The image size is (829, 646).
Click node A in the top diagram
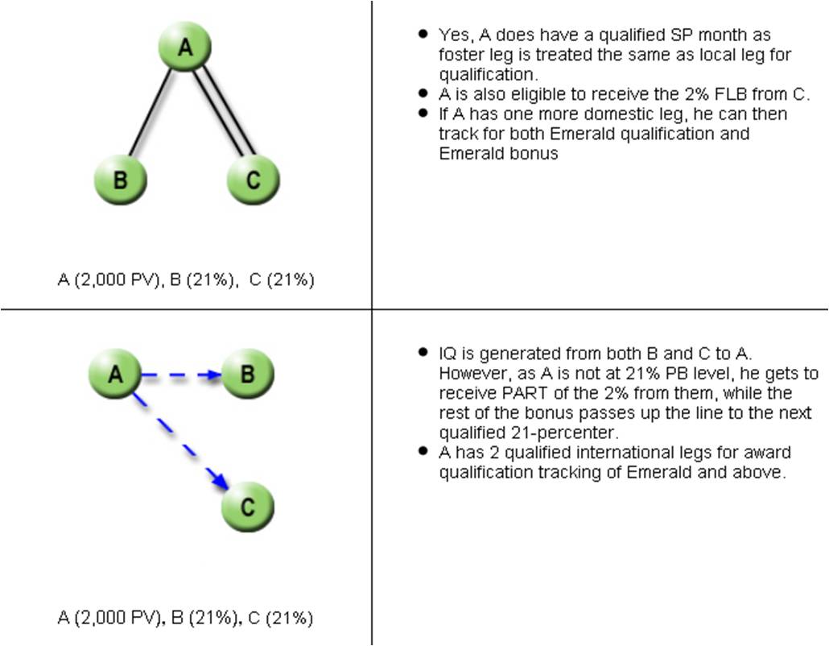[x=185, y=48]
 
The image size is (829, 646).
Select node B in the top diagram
[x=120, y=179]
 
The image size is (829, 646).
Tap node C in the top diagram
[x=253, y=179]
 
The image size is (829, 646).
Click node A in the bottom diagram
[x=115, y=375]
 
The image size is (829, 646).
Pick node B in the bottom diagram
[x=247, y=375]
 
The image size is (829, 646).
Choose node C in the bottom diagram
[x=247, y=507]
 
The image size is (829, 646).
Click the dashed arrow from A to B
[x=181, y=375]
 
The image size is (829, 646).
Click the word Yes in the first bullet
[x=453, y=35]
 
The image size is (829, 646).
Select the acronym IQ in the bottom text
[x=447, y=354]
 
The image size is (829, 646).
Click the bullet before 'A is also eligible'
[x=423, y=93]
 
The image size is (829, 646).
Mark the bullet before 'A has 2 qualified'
[x=423, y=452]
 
